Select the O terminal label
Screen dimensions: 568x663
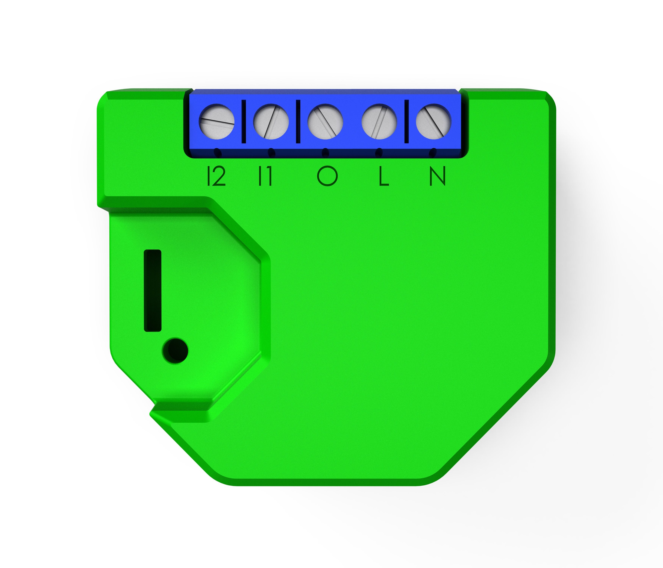tap(327, 176)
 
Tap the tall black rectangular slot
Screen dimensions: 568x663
tap(153, 290)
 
